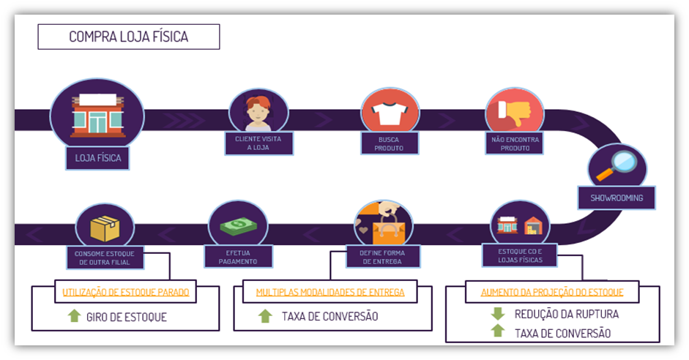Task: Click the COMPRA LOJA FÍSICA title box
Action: [x=128, y=37]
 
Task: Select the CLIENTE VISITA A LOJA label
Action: [x=258, y=143]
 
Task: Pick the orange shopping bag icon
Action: [x=387, y=228]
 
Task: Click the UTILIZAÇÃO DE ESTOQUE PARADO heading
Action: [x=126, y=292]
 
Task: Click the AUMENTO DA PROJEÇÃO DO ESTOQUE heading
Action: [x=552, y=292]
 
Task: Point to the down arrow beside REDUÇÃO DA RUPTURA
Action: [x=498, y=314]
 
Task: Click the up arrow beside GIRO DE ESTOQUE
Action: [x=74, y=317]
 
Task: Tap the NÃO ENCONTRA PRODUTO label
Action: [x=515, y=143]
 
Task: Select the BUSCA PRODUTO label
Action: [x=390, y=143]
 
